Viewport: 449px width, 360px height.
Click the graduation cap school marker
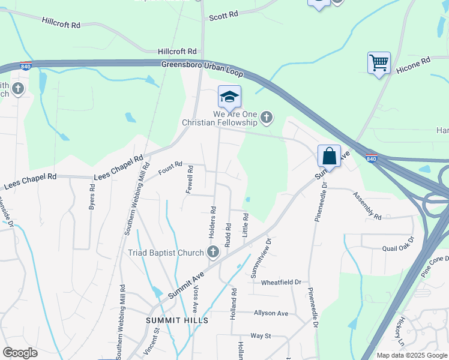click(x=229, y=96)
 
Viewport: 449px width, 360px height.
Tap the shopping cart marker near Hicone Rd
click(x=379, y=62)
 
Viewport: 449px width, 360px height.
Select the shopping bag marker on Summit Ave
click(x=330, y=156)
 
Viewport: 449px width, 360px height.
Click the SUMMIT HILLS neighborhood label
click(x=177, y=320)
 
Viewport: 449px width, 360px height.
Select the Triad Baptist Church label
click(x=166, y=253)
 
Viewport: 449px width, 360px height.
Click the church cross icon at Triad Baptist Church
click(x=213, y=252)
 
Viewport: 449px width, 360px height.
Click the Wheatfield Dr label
click(x=280, y=281)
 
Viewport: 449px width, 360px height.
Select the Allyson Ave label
click(x=271, y=313)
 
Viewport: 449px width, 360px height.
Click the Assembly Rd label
click(x=367, y=206)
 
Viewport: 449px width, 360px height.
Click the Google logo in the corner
click(x=20, y=353)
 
